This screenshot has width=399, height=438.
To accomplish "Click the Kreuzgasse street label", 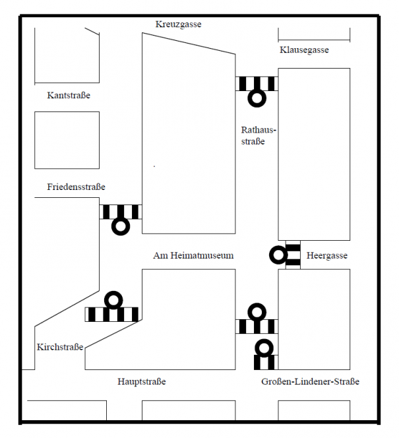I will click(x=178, y=24).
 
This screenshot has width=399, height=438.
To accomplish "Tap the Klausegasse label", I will click(x=304, y=50).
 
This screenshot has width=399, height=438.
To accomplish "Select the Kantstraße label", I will click(x=69, y=96).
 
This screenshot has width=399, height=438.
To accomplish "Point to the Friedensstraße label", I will click(x=76, y=187).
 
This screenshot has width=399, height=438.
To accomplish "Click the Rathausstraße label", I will click(x=259, y=135).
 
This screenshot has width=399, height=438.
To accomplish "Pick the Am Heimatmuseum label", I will click(x=193, y=255).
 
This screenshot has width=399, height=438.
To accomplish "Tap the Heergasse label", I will click(x=326, y=256).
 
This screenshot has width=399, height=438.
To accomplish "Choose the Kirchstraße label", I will click(x=60, y=347).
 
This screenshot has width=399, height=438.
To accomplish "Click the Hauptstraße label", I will click(x=142, y=382).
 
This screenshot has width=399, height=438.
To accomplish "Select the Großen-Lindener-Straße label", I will click(x=310, y=382).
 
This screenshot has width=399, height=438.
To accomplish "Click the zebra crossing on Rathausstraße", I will click(x=256, y=83).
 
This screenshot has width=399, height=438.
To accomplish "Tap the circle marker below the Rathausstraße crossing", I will click(x=256, y=98).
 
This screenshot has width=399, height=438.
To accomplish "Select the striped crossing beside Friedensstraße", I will click(x=120, y=212).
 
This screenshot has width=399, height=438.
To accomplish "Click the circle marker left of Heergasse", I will click(x=278, y=255).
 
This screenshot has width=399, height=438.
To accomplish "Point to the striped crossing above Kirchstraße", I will click(x=112, y=315).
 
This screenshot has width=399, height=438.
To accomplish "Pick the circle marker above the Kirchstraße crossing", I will click(x=113, y=300).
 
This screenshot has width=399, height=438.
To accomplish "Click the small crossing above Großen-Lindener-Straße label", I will click(x=264, y=361).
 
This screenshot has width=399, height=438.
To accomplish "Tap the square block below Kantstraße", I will click(x=67, y=140).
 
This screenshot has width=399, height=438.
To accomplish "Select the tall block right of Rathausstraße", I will click(x=314, y=154).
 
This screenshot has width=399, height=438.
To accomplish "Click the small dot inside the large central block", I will click(x=155, y=166).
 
